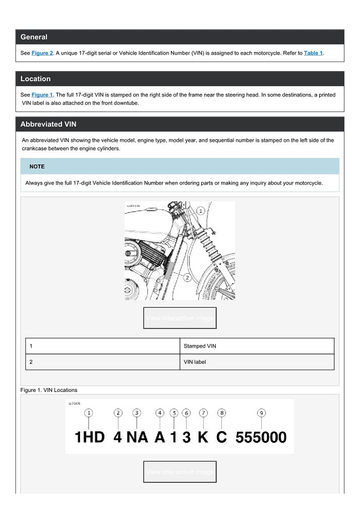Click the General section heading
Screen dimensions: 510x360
(x=34, y=37)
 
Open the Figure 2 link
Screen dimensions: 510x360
(x=42, y=53)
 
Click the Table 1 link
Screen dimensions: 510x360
(x=313, y=53)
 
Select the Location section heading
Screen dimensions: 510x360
(x=35, y=79)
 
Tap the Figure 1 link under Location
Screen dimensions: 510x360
(x=42, y=95)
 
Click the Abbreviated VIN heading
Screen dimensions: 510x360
(x=48, y=124)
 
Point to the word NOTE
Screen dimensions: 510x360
(x=37, y=166)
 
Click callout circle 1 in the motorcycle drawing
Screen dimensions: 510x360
(x=200, y=210)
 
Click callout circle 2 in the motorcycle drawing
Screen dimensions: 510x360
(x=187, y=277)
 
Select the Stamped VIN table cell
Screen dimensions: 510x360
(x=201, y=346)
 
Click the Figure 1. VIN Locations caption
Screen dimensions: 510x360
(x=49, y=390)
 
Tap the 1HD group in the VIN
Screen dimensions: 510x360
(x=89, y=437)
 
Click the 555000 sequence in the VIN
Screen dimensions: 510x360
(x=261, y=437)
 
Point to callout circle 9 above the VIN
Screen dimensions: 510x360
(x=261, y=413)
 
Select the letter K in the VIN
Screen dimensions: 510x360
(x=203, y=437)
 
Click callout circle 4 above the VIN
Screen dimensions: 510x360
(x=159, y=413)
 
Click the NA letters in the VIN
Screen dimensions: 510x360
(x=137, y=437)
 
